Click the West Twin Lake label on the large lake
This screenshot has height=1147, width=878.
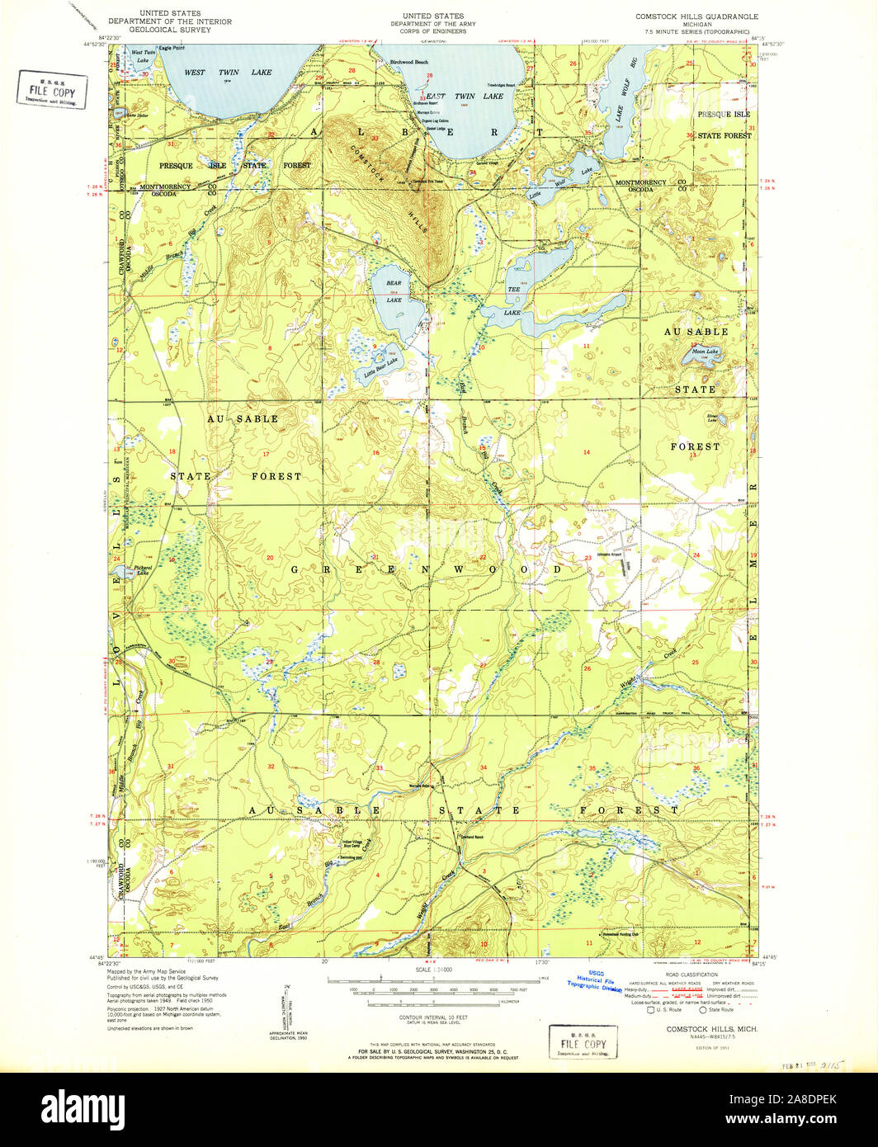(x=227, y=73)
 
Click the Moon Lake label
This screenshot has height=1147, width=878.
(x=704, y=352)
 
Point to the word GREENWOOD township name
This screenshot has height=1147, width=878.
(x=426, y=569)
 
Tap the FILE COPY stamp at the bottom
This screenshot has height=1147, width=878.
(x=583, y=1043)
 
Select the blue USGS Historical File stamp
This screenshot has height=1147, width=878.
(x=594, y=984)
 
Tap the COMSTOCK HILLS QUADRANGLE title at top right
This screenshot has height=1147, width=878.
(x=696, y=17)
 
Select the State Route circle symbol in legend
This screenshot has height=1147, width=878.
(x=703, y=1009)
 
